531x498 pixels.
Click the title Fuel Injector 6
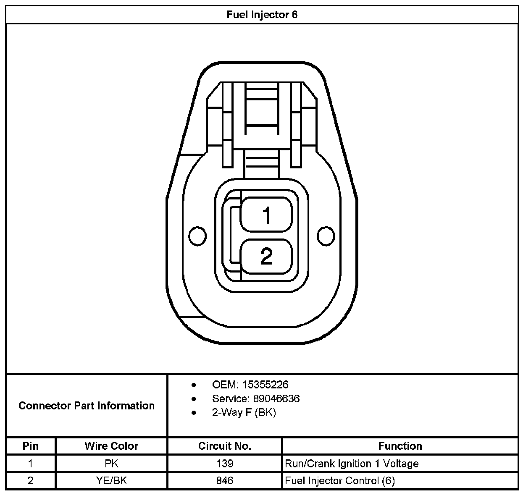click(x=262, y=15)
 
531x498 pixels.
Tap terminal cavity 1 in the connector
click(x=266, y=215)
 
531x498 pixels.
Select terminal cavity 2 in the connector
click(x=266, y=256)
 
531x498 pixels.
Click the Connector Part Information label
click(x=87, y=406)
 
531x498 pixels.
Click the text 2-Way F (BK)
click(x=244, y=412)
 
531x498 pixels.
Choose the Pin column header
click(x=30, y=446)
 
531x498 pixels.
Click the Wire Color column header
click(x=111, y=446)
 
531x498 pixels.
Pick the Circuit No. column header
click(x=225, y=446)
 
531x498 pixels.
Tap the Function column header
click(x=400, y=446)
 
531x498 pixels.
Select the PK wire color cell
click(x=111, y=464)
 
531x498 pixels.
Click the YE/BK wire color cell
click(x=111, y=481)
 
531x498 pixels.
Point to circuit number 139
click(x=225, y=464)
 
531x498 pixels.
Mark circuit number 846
click(x=225, y=481)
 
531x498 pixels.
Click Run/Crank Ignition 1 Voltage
click(x=352, y=464)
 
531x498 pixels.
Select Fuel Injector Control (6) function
click(x=340, y=481)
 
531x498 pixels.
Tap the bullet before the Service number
click(x=194, y=398)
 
